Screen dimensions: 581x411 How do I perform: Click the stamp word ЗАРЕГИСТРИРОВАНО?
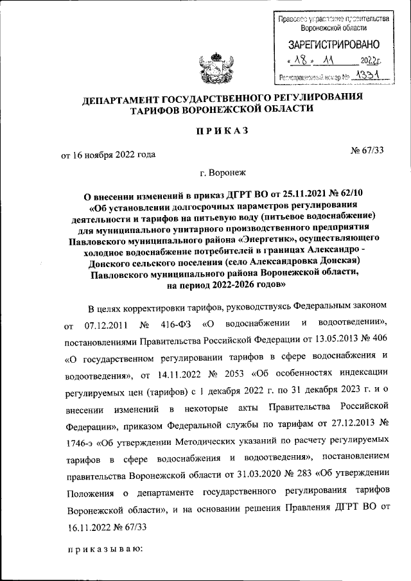pos(334,45)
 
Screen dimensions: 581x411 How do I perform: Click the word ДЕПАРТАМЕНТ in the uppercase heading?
pos(127,98)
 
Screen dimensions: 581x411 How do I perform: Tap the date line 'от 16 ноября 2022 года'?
pos(108,154)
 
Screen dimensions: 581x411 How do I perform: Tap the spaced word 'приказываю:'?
pos(104,550)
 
